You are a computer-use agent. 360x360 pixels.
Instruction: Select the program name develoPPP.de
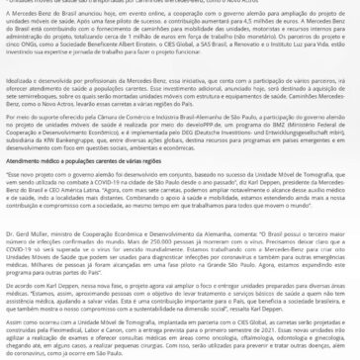point(202,125)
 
